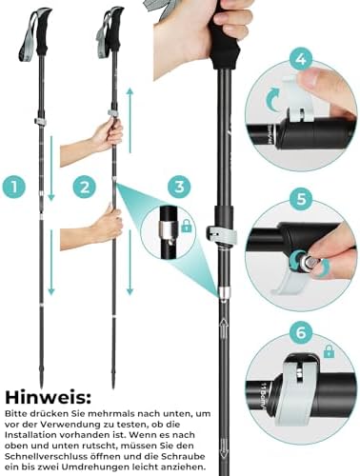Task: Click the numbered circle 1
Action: pyautogui.click(x=14, y=187)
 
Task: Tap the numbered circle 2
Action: pyautogui.click(x=85, y=187)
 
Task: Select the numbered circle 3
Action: pyautogui.click(x=179, y=187)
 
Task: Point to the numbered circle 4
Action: pyautogui.click(x=301, y=59)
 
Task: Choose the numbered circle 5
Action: pyautogui.click(x=301, y=199)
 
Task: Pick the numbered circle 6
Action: pyautogui.click(x=301, y=333)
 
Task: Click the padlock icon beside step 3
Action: pyautogui.click(x=187, y=227)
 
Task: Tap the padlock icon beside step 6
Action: pyautogui.click(x=329, y=351)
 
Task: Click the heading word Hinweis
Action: pyautogui.click(x=48, y=397)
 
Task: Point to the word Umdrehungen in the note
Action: pyautogui.click(x=95, y=467)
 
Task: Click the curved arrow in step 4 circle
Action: pyautogui.click(x=272, y=99)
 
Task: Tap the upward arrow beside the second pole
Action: pyautogui.click(x=130, y=121)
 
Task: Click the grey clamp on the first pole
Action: pyautogui.click(x=39, y=122)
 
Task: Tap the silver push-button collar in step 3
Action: pyautogui.click(x=167, y=229)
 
